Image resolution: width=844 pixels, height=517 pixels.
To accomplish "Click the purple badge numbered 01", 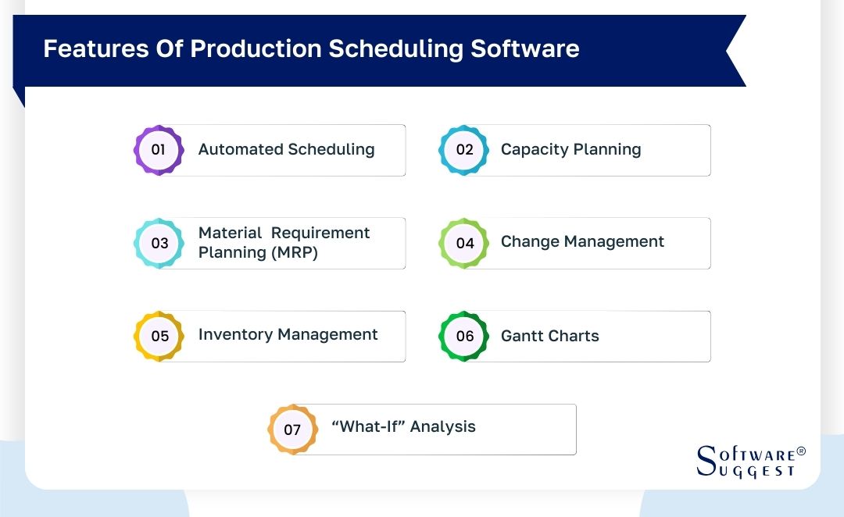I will click(x=159, y=149).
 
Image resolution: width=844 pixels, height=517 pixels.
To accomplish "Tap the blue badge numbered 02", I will click(x=464, y=149).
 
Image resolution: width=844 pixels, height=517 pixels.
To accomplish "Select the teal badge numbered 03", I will click(x=159, y=243).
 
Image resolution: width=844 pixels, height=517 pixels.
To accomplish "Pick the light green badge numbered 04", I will click(x=464, y=243).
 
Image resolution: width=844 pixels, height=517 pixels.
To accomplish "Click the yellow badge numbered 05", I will click(x=159, y=336).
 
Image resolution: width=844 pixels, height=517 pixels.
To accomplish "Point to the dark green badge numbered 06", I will click(x=464, y=336).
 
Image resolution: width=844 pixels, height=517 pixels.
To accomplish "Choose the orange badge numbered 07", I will click(x=292, y=429).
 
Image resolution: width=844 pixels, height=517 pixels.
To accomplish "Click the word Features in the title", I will click(x=86, y=48).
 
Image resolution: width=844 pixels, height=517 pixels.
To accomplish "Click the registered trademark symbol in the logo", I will click(x=800, y=452).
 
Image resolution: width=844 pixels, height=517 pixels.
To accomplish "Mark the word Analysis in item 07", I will click(x=443, y=427).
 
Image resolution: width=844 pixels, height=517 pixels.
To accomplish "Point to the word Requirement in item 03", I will click(x=320, y=233).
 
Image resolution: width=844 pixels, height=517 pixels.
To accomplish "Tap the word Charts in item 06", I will click(x=574, y=336).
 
